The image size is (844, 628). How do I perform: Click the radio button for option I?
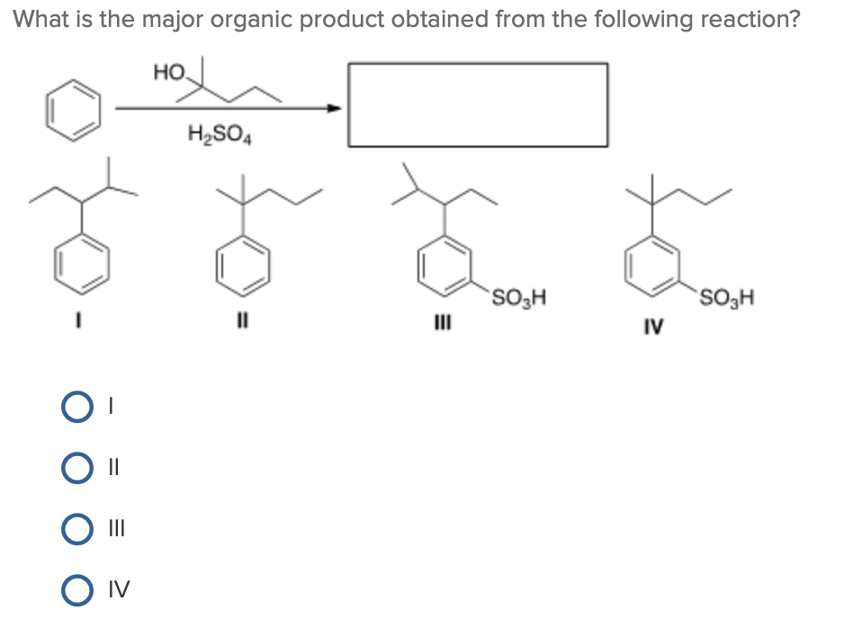point(76,408)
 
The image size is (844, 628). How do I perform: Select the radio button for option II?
point(76,468)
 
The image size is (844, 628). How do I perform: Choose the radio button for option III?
point(76,528)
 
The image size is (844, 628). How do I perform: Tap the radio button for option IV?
point(76,589)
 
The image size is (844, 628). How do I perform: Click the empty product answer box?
point(477,104)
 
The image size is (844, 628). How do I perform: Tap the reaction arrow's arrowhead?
point(336,109)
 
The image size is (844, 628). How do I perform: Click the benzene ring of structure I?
point(84,262)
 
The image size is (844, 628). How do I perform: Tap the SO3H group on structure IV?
point(726,296)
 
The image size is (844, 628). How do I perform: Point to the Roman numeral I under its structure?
point(84,319)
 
